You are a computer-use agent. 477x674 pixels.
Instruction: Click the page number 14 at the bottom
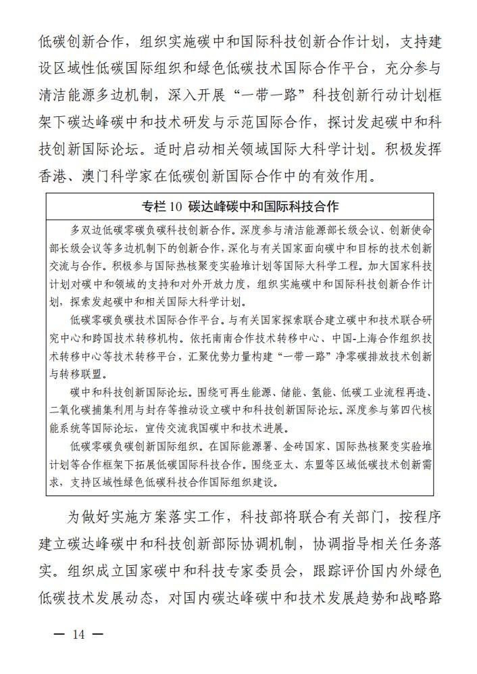(x=79, y=635)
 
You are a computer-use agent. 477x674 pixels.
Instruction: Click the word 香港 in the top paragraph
(x=53, y=176)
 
